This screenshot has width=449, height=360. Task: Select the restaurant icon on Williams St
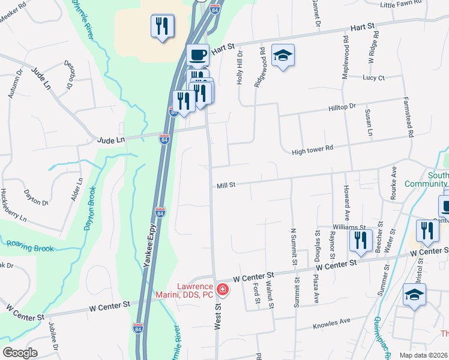pos(360,240)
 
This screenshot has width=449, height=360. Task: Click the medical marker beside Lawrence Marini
pos(223,290)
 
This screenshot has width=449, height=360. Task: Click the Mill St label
pos(226,187)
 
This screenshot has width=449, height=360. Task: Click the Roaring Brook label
pos(30,246)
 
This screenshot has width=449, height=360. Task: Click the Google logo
pos(19,353)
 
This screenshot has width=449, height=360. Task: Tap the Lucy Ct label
pos(373,77)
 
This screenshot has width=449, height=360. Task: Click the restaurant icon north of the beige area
pos(162,26)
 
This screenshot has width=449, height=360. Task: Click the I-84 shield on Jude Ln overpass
pos(164,139)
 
